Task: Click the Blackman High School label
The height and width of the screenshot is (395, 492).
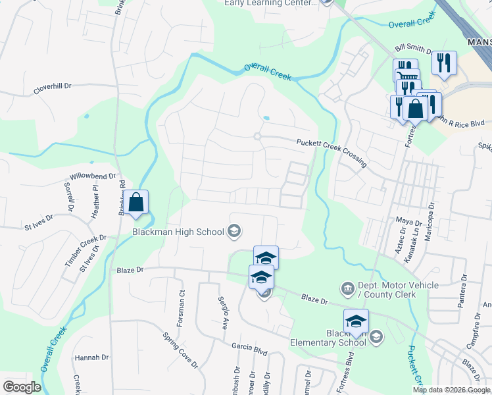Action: (178, 231)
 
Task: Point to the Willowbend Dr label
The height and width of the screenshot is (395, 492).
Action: (92, 177)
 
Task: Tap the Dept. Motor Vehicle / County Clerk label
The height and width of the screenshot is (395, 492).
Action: (387, 290)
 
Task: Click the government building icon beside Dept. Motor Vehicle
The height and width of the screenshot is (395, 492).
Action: (347, 288)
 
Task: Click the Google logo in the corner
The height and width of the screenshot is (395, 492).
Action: (22, 387)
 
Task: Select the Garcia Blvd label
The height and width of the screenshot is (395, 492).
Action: (249, 347)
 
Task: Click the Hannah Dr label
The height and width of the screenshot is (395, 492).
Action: (91, 357)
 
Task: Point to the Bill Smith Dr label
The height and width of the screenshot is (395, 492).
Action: (412, 50)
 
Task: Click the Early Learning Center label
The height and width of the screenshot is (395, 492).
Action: (270, 3)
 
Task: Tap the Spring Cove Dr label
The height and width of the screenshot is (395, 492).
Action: (180, 349)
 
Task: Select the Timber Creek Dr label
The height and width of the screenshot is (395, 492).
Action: (85, 250)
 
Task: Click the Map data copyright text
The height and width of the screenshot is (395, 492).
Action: (451, 390)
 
